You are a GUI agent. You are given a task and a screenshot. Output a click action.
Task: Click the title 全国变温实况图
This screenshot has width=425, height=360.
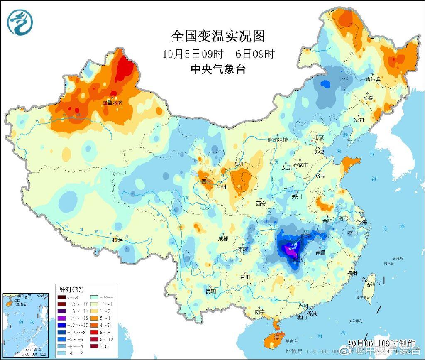click(x=218, y=36)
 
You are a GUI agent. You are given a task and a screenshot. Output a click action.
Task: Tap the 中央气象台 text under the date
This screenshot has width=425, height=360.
click(x=218, y=69)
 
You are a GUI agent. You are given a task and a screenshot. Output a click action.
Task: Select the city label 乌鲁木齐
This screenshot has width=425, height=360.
click(x=113, y=102)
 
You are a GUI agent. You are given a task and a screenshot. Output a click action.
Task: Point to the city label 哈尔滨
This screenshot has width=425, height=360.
click(x=372, y=79)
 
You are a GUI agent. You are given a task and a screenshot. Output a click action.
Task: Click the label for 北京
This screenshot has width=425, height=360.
click(x=318, y=137)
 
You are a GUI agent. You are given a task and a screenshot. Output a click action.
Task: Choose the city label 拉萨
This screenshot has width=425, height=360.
click(x=117, y=240)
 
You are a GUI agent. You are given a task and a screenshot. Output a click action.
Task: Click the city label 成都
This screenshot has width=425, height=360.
click(x=223, y=238)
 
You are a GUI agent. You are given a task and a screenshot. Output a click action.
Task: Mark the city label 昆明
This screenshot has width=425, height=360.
click(x=211, y=291)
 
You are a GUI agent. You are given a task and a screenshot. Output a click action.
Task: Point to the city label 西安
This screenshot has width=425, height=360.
click(x=261, y=203)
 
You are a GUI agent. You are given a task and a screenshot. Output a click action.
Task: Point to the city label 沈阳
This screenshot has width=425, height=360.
click(x=359, y=120)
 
